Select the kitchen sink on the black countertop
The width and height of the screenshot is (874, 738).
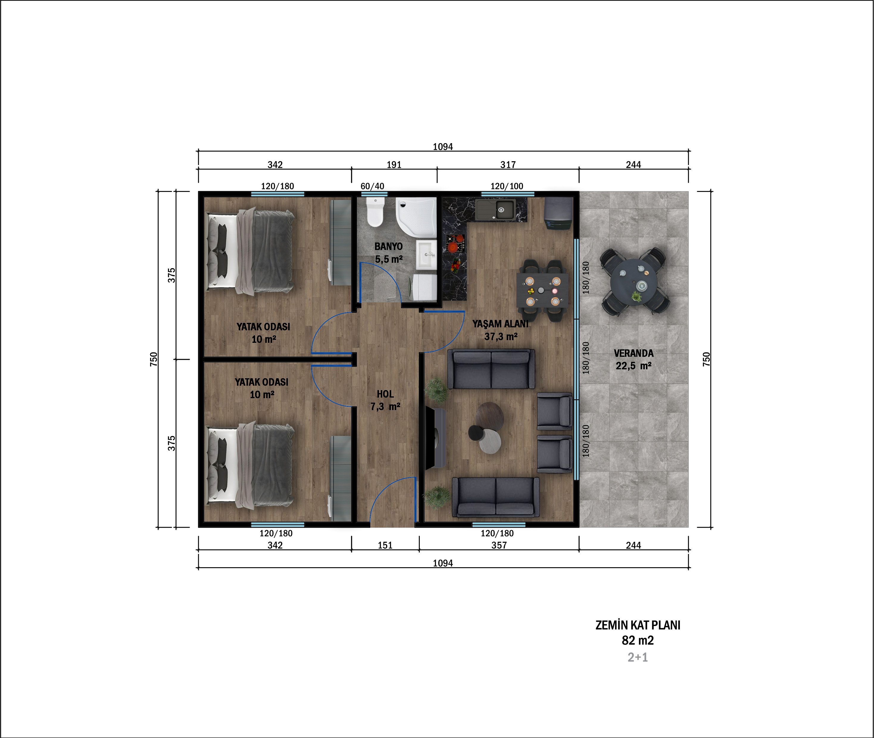tap(495, 209)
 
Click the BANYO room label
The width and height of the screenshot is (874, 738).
tap(388, 246)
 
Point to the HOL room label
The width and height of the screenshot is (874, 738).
tap(385, 394)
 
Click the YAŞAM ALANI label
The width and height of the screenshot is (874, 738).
tap(500, 324)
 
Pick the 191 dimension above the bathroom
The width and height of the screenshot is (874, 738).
tap(394, 165)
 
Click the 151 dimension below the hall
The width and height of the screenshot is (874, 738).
tap(385, 545)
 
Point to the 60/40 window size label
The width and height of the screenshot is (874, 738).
tap(372, 186)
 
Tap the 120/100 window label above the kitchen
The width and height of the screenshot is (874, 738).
tap(507, 186)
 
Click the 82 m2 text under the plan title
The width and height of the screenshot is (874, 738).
tap(638, 640)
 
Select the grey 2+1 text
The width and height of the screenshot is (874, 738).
tap(638, 657)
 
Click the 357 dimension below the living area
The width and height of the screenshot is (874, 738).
tap(499, 545)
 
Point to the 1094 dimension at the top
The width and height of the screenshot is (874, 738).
tap(443, 146)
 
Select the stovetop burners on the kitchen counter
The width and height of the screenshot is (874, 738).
tap(455, 243)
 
